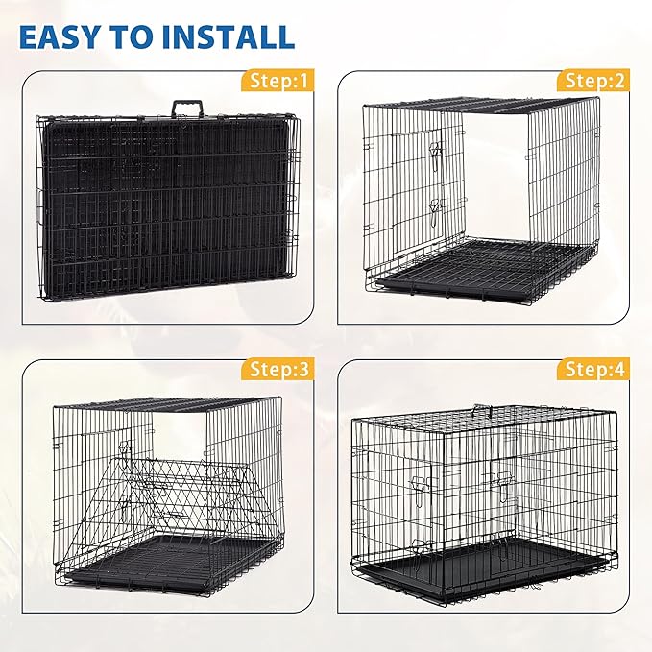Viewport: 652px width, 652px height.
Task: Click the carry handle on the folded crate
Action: click(183, 109)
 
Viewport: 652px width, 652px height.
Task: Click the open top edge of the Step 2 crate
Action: click(480, 102)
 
